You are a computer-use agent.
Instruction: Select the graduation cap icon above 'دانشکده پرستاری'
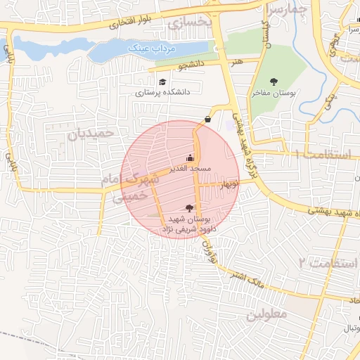pos(163,82)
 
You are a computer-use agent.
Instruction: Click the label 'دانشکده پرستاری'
pos(163,92)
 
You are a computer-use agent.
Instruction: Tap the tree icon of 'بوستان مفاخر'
pos(274,82)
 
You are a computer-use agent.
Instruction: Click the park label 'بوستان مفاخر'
pos(275,93)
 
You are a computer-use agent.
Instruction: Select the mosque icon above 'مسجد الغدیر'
pos(189,158)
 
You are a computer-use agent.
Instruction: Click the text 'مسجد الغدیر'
pos(188,169)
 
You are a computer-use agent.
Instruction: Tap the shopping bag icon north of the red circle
pos(207,119)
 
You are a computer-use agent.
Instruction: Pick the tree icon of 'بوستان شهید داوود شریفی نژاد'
pos(188,207)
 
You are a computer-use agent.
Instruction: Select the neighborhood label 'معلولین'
pos(266,314)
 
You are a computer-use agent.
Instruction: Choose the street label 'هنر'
pos(237,62)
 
